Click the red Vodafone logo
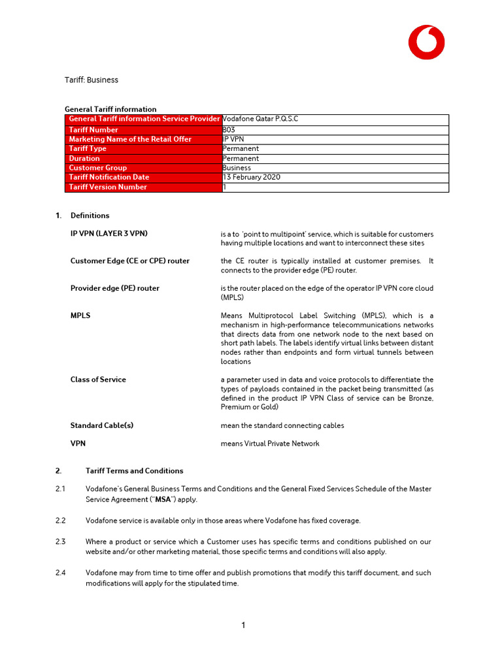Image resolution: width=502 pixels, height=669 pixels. (426, 42)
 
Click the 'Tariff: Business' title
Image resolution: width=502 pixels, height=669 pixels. (91, 80)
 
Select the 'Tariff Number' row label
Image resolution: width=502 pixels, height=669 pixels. (93, 129)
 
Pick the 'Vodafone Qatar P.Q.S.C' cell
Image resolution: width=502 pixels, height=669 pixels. (260, 119)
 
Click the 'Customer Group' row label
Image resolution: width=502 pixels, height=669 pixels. (98, 168)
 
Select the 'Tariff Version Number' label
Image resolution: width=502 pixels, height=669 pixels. (108, 187)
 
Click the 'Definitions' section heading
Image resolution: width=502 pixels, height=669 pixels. (90, 216)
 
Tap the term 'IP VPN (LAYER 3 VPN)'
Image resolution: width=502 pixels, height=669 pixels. (113, 233)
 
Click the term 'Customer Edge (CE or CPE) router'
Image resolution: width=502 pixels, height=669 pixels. (129, 261)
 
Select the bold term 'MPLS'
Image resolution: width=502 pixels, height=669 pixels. (80, 316)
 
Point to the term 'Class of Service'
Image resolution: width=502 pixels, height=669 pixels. (98, 380)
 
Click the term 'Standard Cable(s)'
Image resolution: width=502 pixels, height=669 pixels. (101, 425)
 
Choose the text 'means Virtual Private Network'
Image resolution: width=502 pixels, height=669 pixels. (270, 444)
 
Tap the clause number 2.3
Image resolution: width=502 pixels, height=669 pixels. (61, 542)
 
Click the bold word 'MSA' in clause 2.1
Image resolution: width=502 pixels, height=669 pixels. (165, 499)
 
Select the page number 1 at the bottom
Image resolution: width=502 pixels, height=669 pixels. (244, 625)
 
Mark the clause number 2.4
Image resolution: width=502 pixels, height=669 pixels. (61, 573)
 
